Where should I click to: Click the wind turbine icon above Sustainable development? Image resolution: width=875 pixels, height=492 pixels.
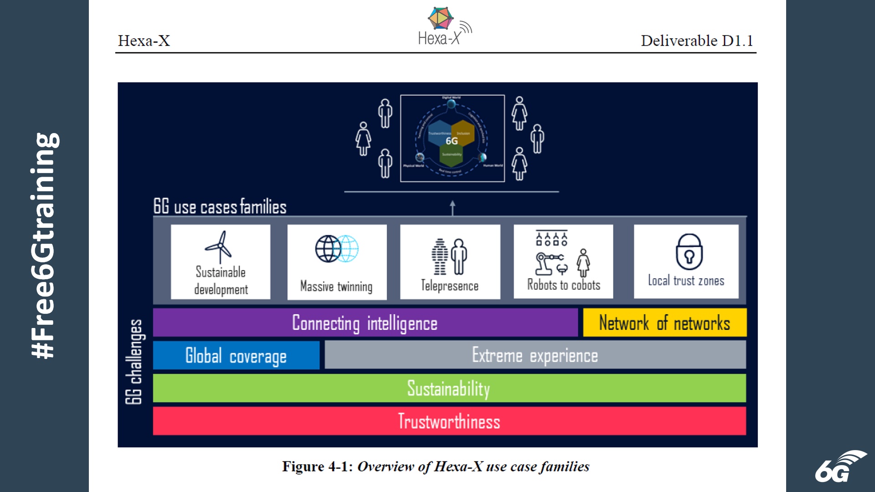(219, 246)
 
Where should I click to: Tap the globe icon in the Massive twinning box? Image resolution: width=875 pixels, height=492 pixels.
(336, 249)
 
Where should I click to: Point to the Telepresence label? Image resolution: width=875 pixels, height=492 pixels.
(449, 286)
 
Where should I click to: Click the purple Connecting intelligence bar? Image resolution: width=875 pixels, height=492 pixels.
(365, 323)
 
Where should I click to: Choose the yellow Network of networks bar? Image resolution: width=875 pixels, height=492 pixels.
(664, 323)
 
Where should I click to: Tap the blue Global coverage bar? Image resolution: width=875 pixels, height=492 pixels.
(236, 356)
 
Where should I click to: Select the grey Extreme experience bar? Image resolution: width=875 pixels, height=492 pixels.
(535, 355)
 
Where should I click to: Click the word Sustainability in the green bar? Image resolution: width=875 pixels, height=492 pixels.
(448, 389)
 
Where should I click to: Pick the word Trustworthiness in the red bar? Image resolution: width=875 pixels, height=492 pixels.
(449, 421)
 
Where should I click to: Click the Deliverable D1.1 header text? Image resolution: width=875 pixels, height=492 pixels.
(696, 41)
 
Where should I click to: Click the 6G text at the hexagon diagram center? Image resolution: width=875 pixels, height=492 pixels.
(452, 141)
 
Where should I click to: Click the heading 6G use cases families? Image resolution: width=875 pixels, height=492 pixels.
(220, 207)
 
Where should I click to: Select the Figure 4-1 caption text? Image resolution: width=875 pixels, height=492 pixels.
(435, 466)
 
